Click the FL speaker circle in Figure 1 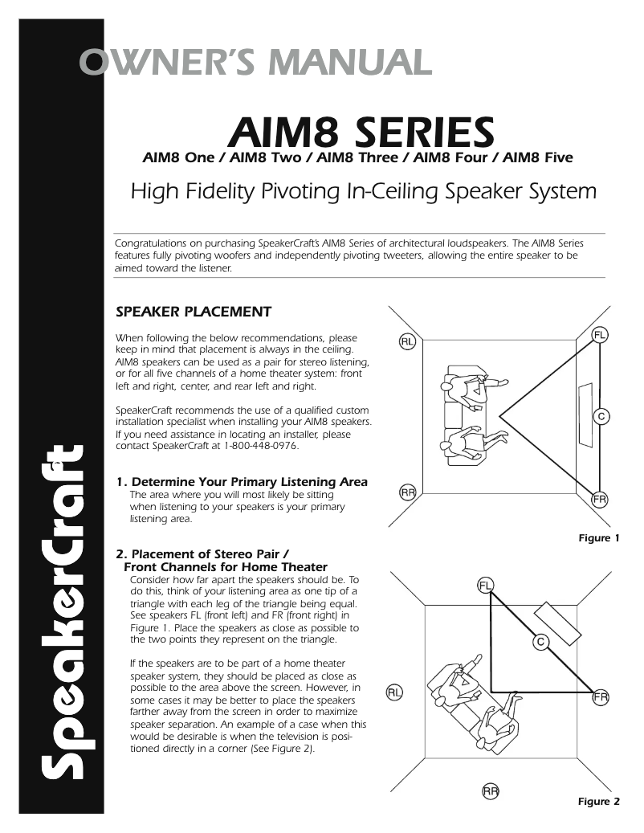point(600,334)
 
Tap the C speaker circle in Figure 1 point(600,416)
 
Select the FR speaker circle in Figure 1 point(600,500)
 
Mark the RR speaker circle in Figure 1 point(407,492)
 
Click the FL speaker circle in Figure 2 point(486,584)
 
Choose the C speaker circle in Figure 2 point(541,641)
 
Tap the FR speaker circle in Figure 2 point(601,697)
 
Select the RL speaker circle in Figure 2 point(394,692)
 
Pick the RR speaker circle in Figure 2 point(491,791)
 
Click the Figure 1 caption point(599,538)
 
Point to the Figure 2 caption point(599,801)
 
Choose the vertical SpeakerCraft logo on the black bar point(63,611)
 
